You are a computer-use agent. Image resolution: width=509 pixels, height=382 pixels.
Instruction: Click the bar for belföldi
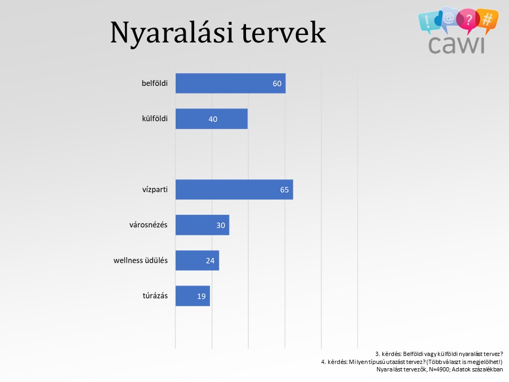[x=231, y=83]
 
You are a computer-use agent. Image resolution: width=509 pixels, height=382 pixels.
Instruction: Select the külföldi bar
[x=212, y=119]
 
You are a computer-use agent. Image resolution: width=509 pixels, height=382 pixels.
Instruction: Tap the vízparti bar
[x=234, y=189]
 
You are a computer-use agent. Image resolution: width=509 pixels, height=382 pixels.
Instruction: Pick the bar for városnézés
[x=203, y=225]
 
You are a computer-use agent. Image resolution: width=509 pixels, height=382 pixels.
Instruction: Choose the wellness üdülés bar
[x=197, y=260]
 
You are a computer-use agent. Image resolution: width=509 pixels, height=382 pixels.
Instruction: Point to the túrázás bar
[x=193, y=296]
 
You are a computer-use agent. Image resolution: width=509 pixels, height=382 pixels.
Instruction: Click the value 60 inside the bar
[x=277, y=83]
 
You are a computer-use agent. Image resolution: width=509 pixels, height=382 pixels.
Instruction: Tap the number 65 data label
[x=284, y=190]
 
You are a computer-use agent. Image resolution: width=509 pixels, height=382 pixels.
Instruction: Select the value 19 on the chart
[x=201, y=296]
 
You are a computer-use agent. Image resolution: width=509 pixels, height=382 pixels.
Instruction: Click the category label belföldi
[x=154, y=83]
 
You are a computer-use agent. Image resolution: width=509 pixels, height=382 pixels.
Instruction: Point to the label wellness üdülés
[x=141, y=260]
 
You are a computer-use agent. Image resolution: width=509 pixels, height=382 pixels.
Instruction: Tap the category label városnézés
[x=148, y=225]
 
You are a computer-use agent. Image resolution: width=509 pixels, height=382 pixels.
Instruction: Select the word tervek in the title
[x=283, y=32]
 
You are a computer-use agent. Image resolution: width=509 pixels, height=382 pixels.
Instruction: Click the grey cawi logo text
[x=457, y=45]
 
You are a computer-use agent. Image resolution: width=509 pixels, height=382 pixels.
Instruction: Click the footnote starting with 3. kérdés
[x=439, y=354]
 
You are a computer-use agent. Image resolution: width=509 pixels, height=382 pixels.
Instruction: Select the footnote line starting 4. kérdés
[x=412, y=362]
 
